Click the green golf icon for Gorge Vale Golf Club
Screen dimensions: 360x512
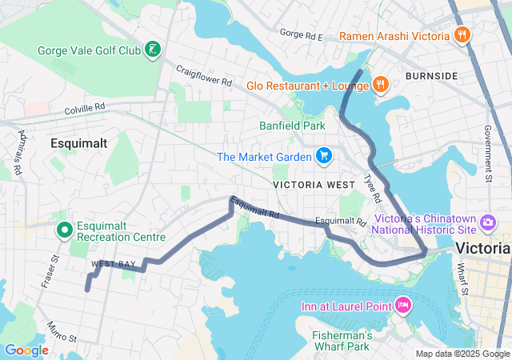coord(151,51)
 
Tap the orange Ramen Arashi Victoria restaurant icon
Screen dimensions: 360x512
coord(461,35)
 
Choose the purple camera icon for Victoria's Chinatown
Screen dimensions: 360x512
coord(488,222)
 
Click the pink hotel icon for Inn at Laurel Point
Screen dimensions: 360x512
coord(402,305)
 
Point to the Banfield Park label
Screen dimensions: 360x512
coord(292,126)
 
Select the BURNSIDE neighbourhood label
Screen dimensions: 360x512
coord(431,76)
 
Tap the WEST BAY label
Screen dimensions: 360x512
coord(114,263)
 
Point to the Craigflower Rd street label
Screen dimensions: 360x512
coord(203,76)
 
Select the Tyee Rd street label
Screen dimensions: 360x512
coord(373,187)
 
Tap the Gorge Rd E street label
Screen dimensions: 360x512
coord(301,35)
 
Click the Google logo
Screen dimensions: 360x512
coord(26,350)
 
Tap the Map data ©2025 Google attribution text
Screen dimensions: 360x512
coord(462,354)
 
